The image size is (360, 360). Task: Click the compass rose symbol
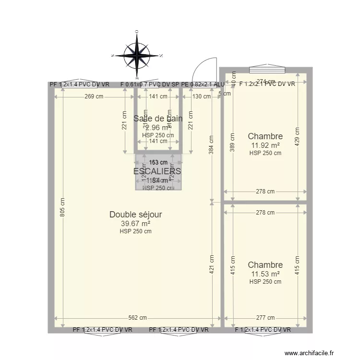[x=137, y=55]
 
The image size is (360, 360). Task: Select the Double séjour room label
[x=135, y=215]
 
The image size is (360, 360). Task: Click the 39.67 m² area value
[x=135, y=223]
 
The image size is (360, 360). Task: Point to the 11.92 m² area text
[x=265, y=145]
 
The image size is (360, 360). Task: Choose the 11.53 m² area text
[x=265, y=274]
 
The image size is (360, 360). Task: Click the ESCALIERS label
[x=157, y=171]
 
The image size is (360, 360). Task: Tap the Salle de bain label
[x=158, y=119]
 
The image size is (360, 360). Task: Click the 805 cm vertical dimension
[x=62, y=208]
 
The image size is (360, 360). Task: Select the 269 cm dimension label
[x=94, y=96]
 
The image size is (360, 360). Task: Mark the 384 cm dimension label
[x=212, y=143]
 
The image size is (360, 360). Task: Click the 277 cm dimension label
[x=265, y=318]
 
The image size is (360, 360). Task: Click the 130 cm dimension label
[x=201, y=96]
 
